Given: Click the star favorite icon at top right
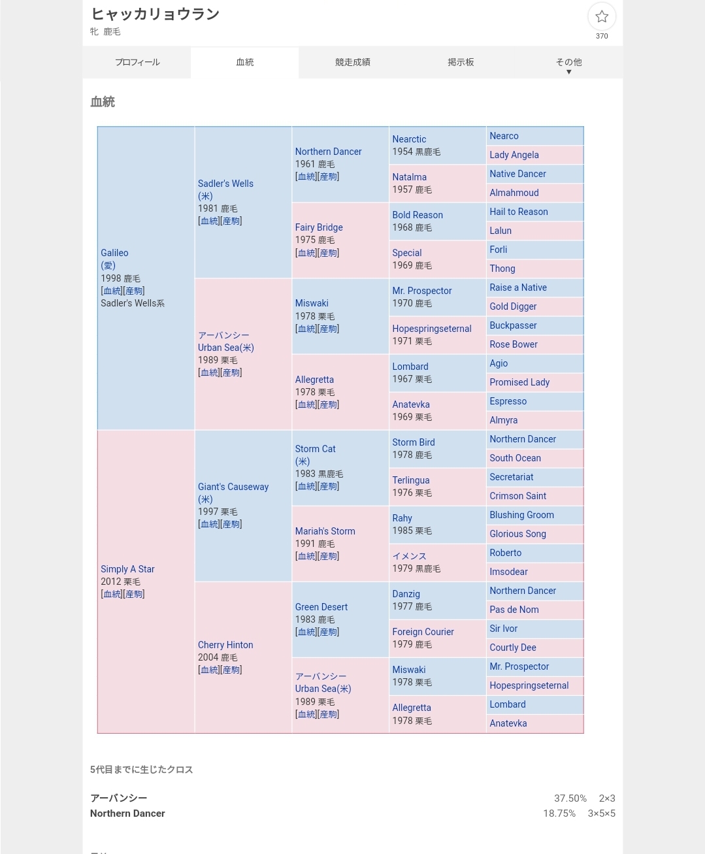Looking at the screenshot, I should (x=602, y=17).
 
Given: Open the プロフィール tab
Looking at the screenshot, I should (x=137, y=62).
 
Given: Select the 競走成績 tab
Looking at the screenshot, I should (x=353, y=62).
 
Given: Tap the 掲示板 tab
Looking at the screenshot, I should (x=461, y=62).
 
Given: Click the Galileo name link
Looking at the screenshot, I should (x=114, y=253).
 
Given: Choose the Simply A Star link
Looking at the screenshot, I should (x=127, y=569).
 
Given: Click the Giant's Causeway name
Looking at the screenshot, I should (x=233, y=487).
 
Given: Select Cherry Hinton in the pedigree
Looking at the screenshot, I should (x=225, y=645).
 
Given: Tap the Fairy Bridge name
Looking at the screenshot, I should (x=319, y=227).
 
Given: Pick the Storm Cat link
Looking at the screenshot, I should (x=315, y=449).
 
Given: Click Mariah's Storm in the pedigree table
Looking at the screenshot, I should (x=325, y=531).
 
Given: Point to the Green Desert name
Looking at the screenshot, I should (x=321, y=607).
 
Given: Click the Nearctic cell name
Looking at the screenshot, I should (x=409, y=139).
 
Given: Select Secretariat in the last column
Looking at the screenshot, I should (x=511, y=477).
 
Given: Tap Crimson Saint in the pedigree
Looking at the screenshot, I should (x=517, y=496).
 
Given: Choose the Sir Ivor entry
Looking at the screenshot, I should (x=503, y=629).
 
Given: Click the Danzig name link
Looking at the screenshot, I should (x=406, y=594).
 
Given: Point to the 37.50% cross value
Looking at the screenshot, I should (x=570, y=798).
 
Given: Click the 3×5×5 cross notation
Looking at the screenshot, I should (x=601, y=813).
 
